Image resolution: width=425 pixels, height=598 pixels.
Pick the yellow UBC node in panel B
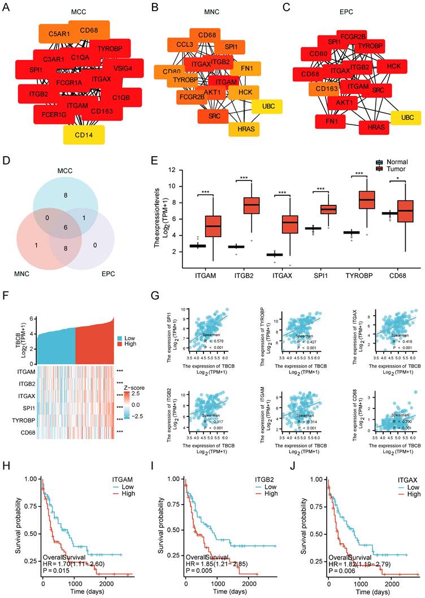263,106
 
